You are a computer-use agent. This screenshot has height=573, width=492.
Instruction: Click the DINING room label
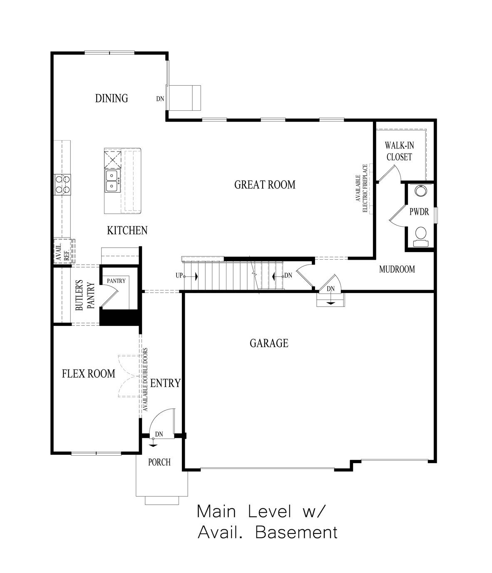(x=112, y=99)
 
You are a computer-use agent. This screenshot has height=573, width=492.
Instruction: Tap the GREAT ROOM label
(x=265, y=185)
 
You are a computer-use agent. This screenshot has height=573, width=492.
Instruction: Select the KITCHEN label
(x=127, y=231)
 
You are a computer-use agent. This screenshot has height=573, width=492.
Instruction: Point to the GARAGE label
(x=269, y=343)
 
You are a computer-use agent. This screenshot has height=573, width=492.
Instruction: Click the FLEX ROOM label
(x=88, y=374)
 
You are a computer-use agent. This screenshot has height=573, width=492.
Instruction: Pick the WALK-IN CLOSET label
(x=399, y=151)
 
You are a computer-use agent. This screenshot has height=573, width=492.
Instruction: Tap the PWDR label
(x=419, y=212)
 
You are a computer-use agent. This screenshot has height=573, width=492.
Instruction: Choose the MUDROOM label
(x=397, y=269)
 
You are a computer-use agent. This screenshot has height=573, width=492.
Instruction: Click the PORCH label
(x=159, y=462)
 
